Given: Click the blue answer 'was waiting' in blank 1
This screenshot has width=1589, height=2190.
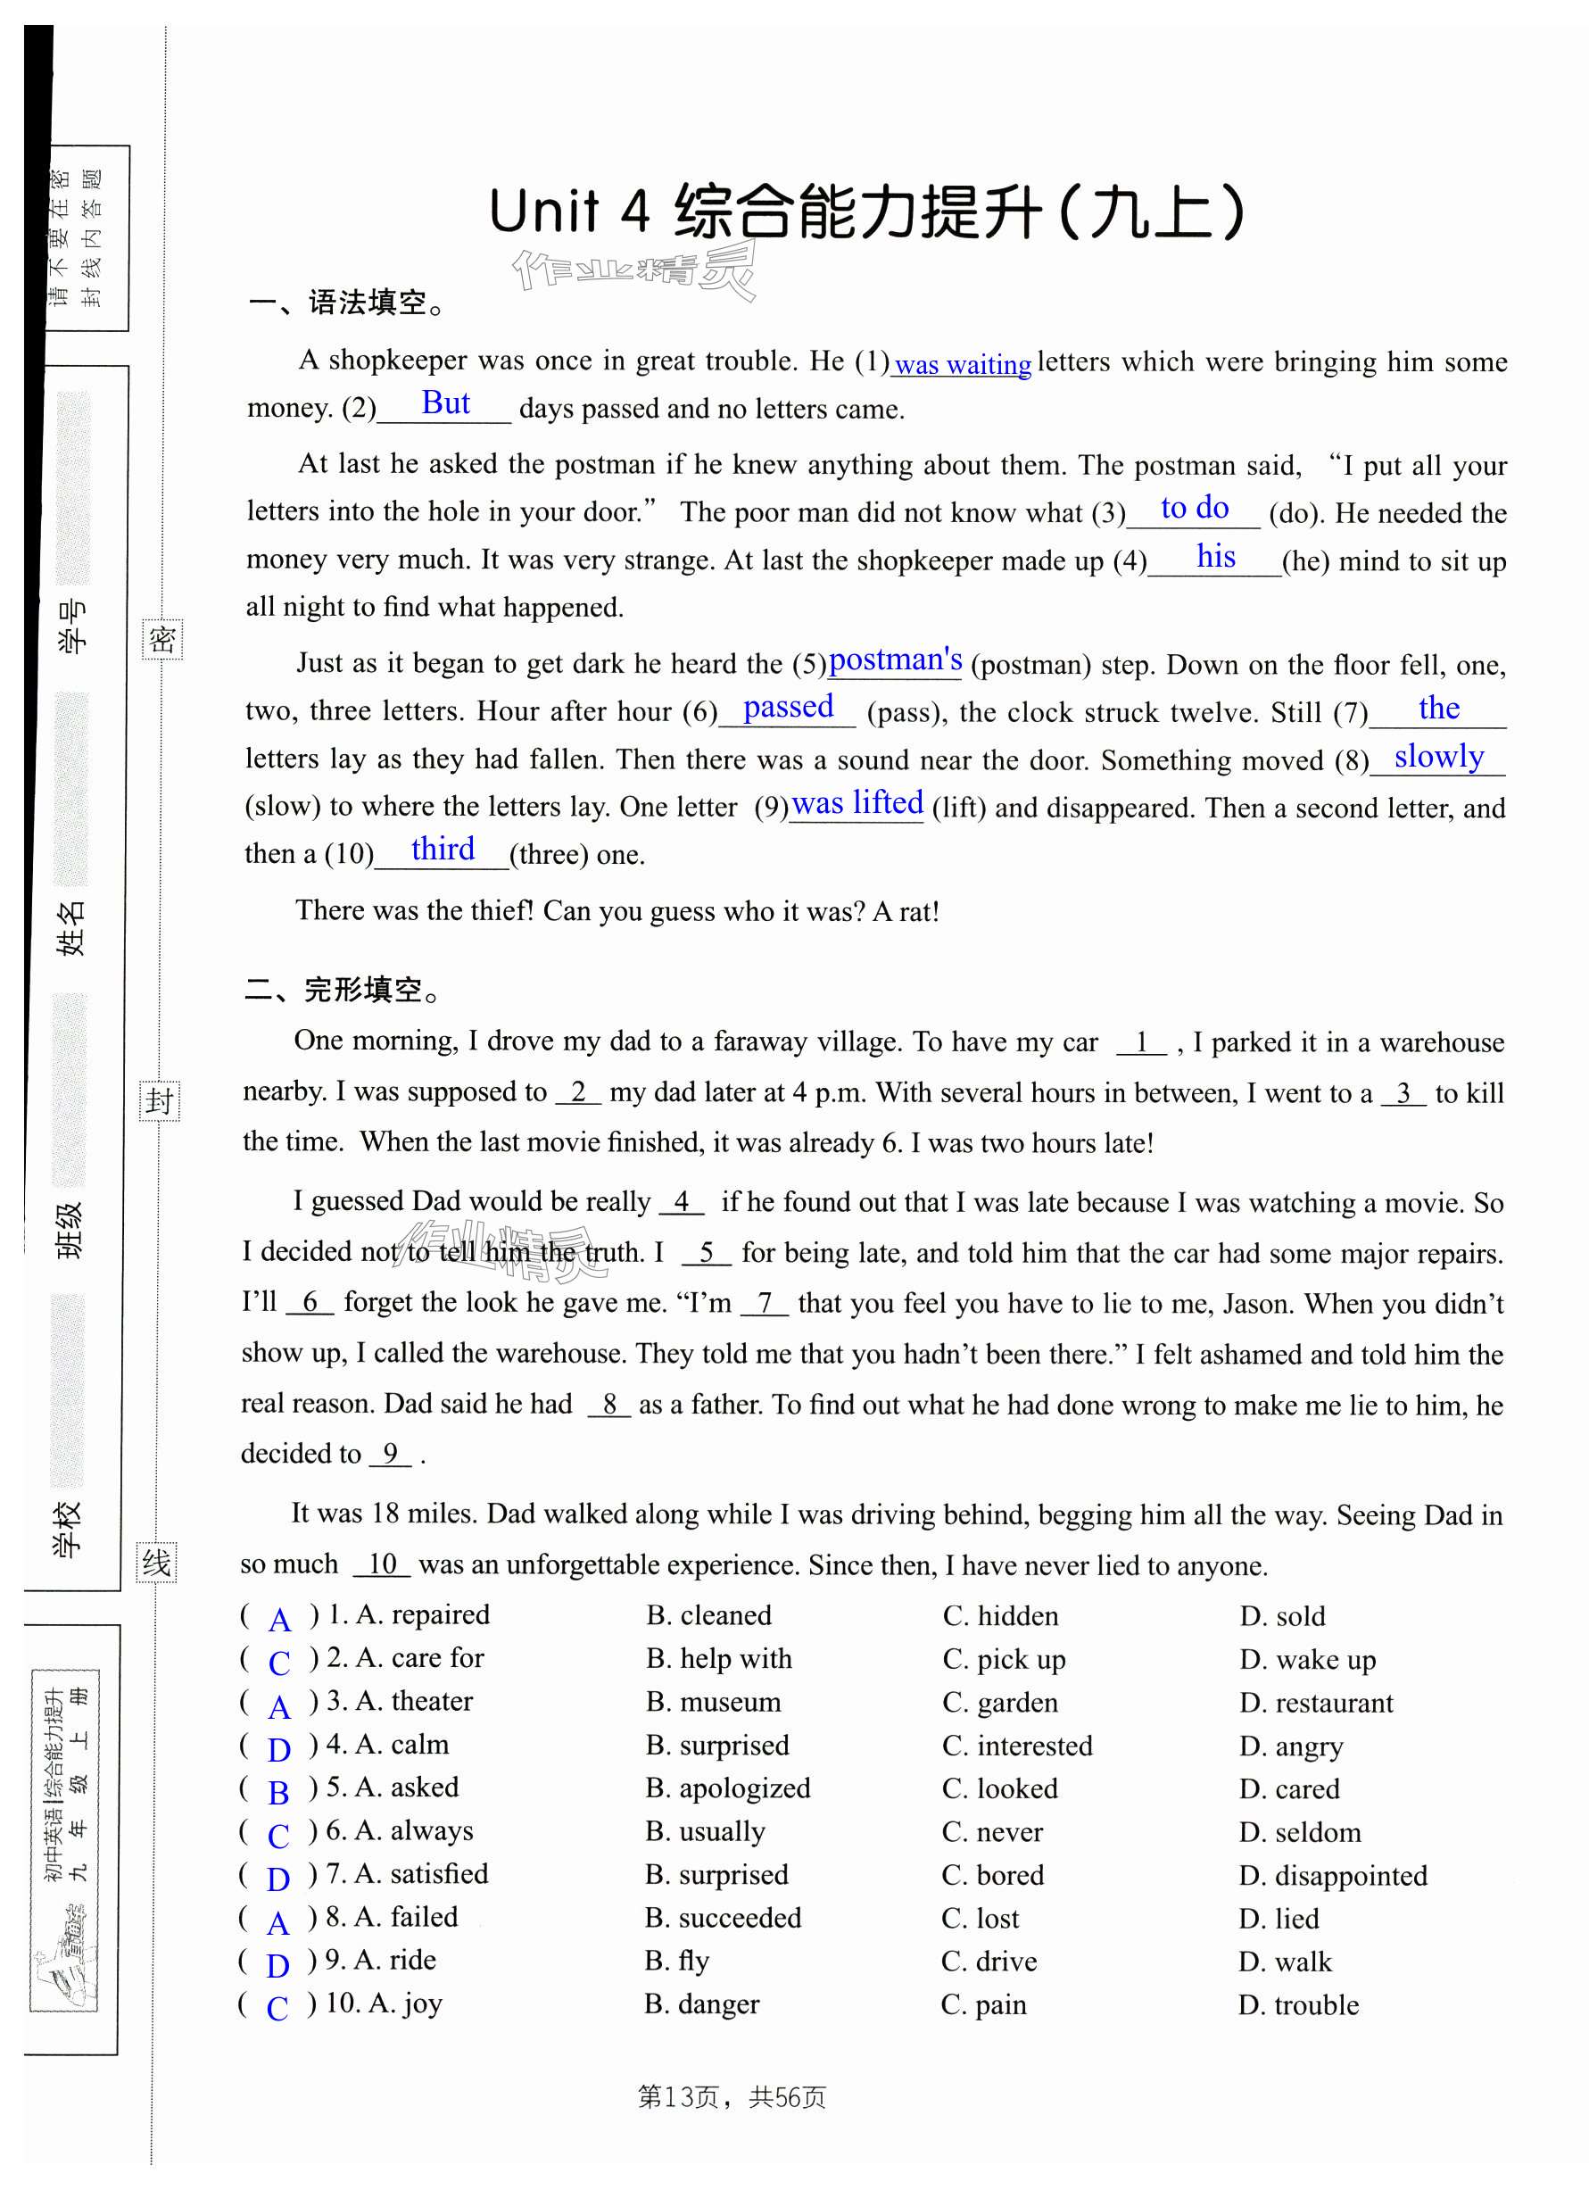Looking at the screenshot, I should (x=962, y=365).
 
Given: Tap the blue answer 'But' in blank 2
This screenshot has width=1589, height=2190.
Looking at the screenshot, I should (x=445, y=403).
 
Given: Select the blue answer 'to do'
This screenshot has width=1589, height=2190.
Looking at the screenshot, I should (x=1194, y=508).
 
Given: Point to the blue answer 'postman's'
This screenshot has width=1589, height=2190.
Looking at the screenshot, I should (x=895, y=659).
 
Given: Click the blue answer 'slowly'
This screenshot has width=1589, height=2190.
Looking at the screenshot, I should (x=1438, y=756).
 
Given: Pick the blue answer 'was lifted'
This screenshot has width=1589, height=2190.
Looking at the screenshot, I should (x=857, y=802).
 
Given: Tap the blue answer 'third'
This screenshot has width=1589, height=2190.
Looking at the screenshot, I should (x=443, y=850).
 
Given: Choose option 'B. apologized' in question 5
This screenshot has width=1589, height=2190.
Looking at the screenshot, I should (x=728, y=1788).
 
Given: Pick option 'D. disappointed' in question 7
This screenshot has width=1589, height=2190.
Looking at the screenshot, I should (x=1332, y=1875).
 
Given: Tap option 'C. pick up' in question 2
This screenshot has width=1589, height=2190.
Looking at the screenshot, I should (x=1004, y=1659).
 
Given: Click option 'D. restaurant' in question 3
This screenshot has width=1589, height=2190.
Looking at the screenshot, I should (x=1316, y=1703).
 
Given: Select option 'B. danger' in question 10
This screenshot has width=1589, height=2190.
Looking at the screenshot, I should (x=702, y=2004).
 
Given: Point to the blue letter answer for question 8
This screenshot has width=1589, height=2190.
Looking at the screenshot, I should (x=278, y=1923).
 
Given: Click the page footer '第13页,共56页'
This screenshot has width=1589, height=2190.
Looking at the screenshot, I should (x=732, y=2097).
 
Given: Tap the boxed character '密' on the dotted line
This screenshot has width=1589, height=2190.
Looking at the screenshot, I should (x=161, y=639).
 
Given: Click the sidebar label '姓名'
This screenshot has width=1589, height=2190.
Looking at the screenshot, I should (x=71, y=928).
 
